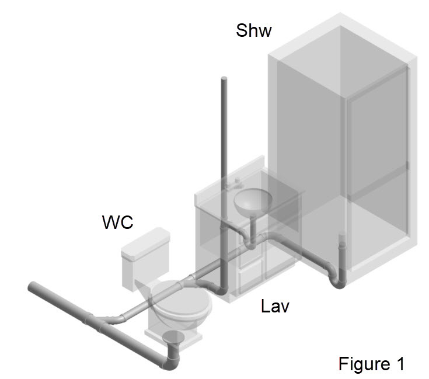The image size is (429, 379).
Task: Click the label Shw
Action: (253, 30)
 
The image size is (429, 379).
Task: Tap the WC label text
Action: (117, 223)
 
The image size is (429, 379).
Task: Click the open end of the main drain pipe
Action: (32, 287)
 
